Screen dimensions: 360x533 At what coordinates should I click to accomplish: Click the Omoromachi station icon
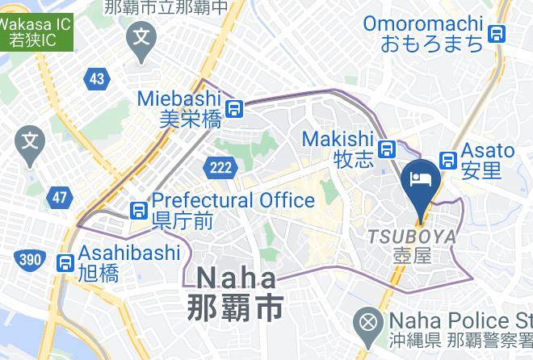[x=497, y=34]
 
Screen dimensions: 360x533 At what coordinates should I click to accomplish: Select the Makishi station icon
[x=388, y=149]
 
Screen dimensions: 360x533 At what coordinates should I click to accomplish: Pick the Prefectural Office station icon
[x=139, y=210]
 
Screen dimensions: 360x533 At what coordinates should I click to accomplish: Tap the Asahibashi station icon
[x=65, y=262]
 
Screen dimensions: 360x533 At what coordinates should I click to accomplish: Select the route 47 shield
[x=59, y=197]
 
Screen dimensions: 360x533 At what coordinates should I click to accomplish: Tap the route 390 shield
[x=30, y=259]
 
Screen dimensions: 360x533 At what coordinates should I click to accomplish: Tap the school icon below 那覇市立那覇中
[x=143, y=36]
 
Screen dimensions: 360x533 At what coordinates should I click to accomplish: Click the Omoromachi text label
[x=422, y=24]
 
